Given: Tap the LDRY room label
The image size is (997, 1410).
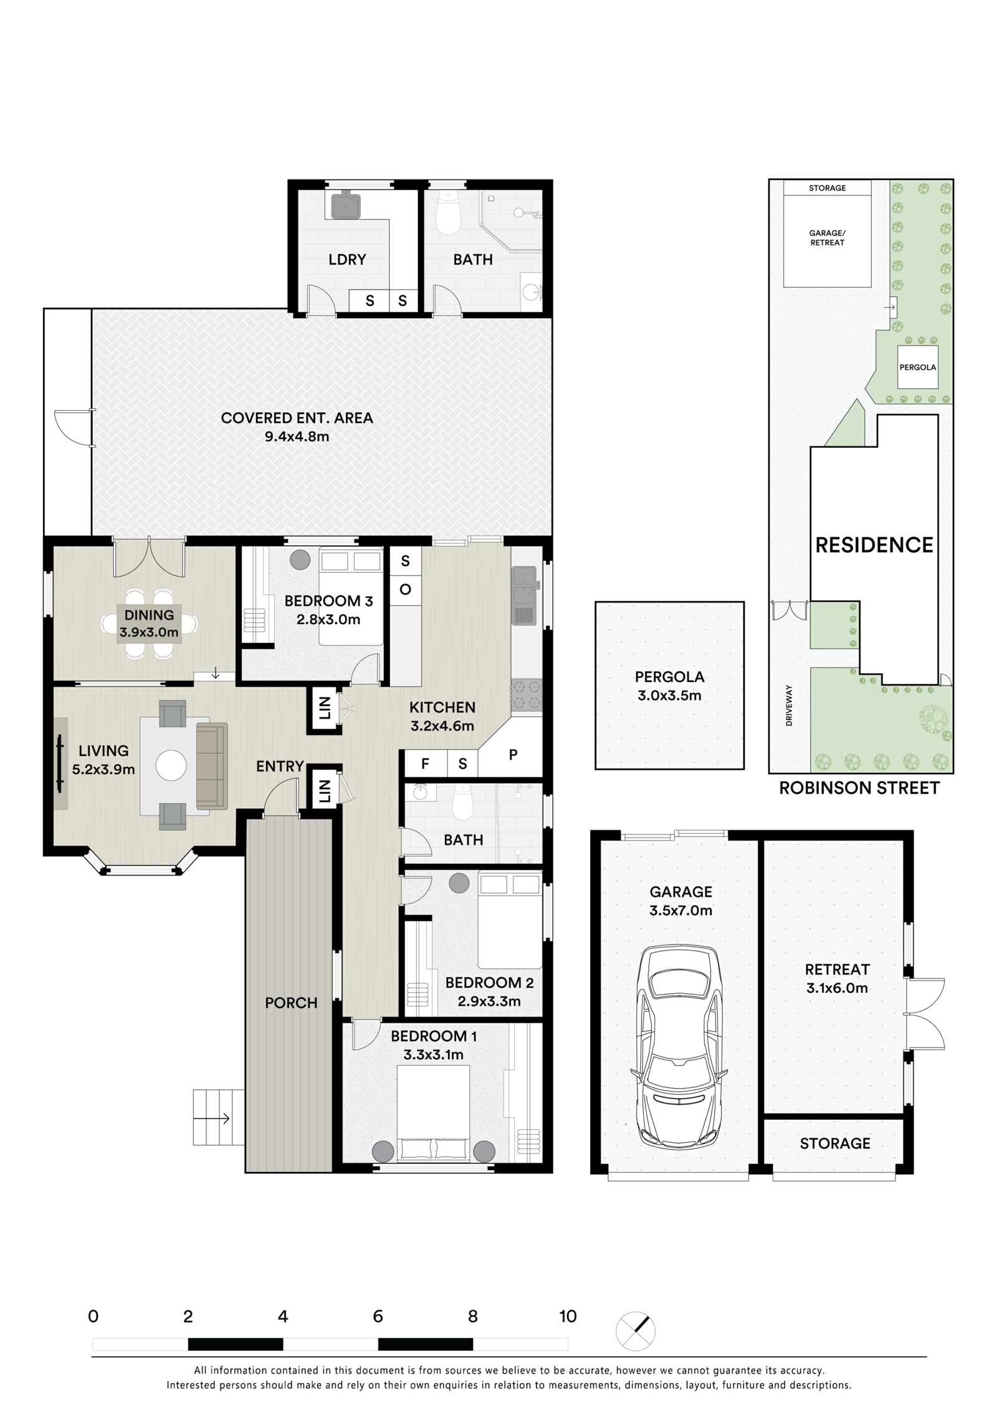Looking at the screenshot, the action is tap(347, 259).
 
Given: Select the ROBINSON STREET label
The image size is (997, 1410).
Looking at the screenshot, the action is tap(859, 788).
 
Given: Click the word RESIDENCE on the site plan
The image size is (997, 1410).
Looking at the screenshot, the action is tap(874, 546).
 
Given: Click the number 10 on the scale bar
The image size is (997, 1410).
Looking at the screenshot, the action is tap(568, 1317).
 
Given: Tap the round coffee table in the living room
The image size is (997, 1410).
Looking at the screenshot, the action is tap(171, 766).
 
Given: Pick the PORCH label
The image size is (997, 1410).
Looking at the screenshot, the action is tap(291, 1003).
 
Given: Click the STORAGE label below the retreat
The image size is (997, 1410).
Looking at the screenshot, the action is tap(835, 1143).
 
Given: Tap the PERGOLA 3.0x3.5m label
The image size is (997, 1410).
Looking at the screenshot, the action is tap(669, 686).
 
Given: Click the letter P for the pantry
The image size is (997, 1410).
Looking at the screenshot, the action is tap(513, 755).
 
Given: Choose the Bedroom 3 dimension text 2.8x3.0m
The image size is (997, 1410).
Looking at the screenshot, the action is tap(328, 620).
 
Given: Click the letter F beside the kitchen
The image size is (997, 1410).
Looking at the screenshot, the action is tap(426, 764).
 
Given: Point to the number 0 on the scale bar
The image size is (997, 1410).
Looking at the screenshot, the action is tap(93, 1317).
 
